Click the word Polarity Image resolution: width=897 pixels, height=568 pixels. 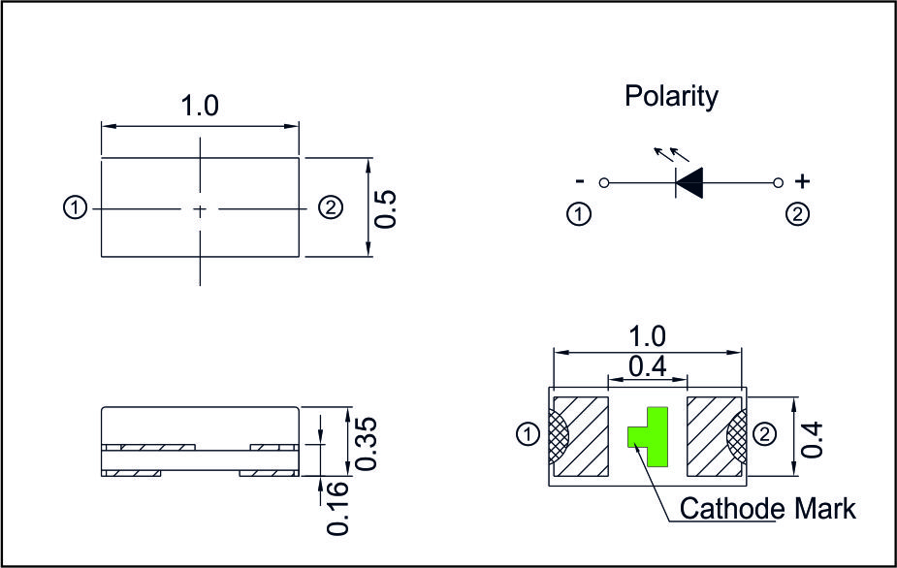(671, 97)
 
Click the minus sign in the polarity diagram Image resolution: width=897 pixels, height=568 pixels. (580, 181)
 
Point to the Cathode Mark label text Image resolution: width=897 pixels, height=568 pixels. (768, 508)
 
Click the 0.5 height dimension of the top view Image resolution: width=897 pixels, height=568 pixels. (386, 207)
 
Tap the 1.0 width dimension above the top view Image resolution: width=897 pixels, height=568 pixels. (200, 107)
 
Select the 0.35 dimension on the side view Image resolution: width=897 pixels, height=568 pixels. (366, 444)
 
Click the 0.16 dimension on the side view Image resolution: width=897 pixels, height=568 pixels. (337, 510)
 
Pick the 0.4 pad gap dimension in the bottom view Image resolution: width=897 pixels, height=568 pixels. (647, 367)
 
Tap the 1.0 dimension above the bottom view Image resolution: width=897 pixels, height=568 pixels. (647, 336)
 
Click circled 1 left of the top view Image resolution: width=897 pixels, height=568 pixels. (75, 207)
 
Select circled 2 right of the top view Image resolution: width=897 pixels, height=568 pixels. (330, 207)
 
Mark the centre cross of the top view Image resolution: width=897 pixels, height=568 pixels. (200, 208)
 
